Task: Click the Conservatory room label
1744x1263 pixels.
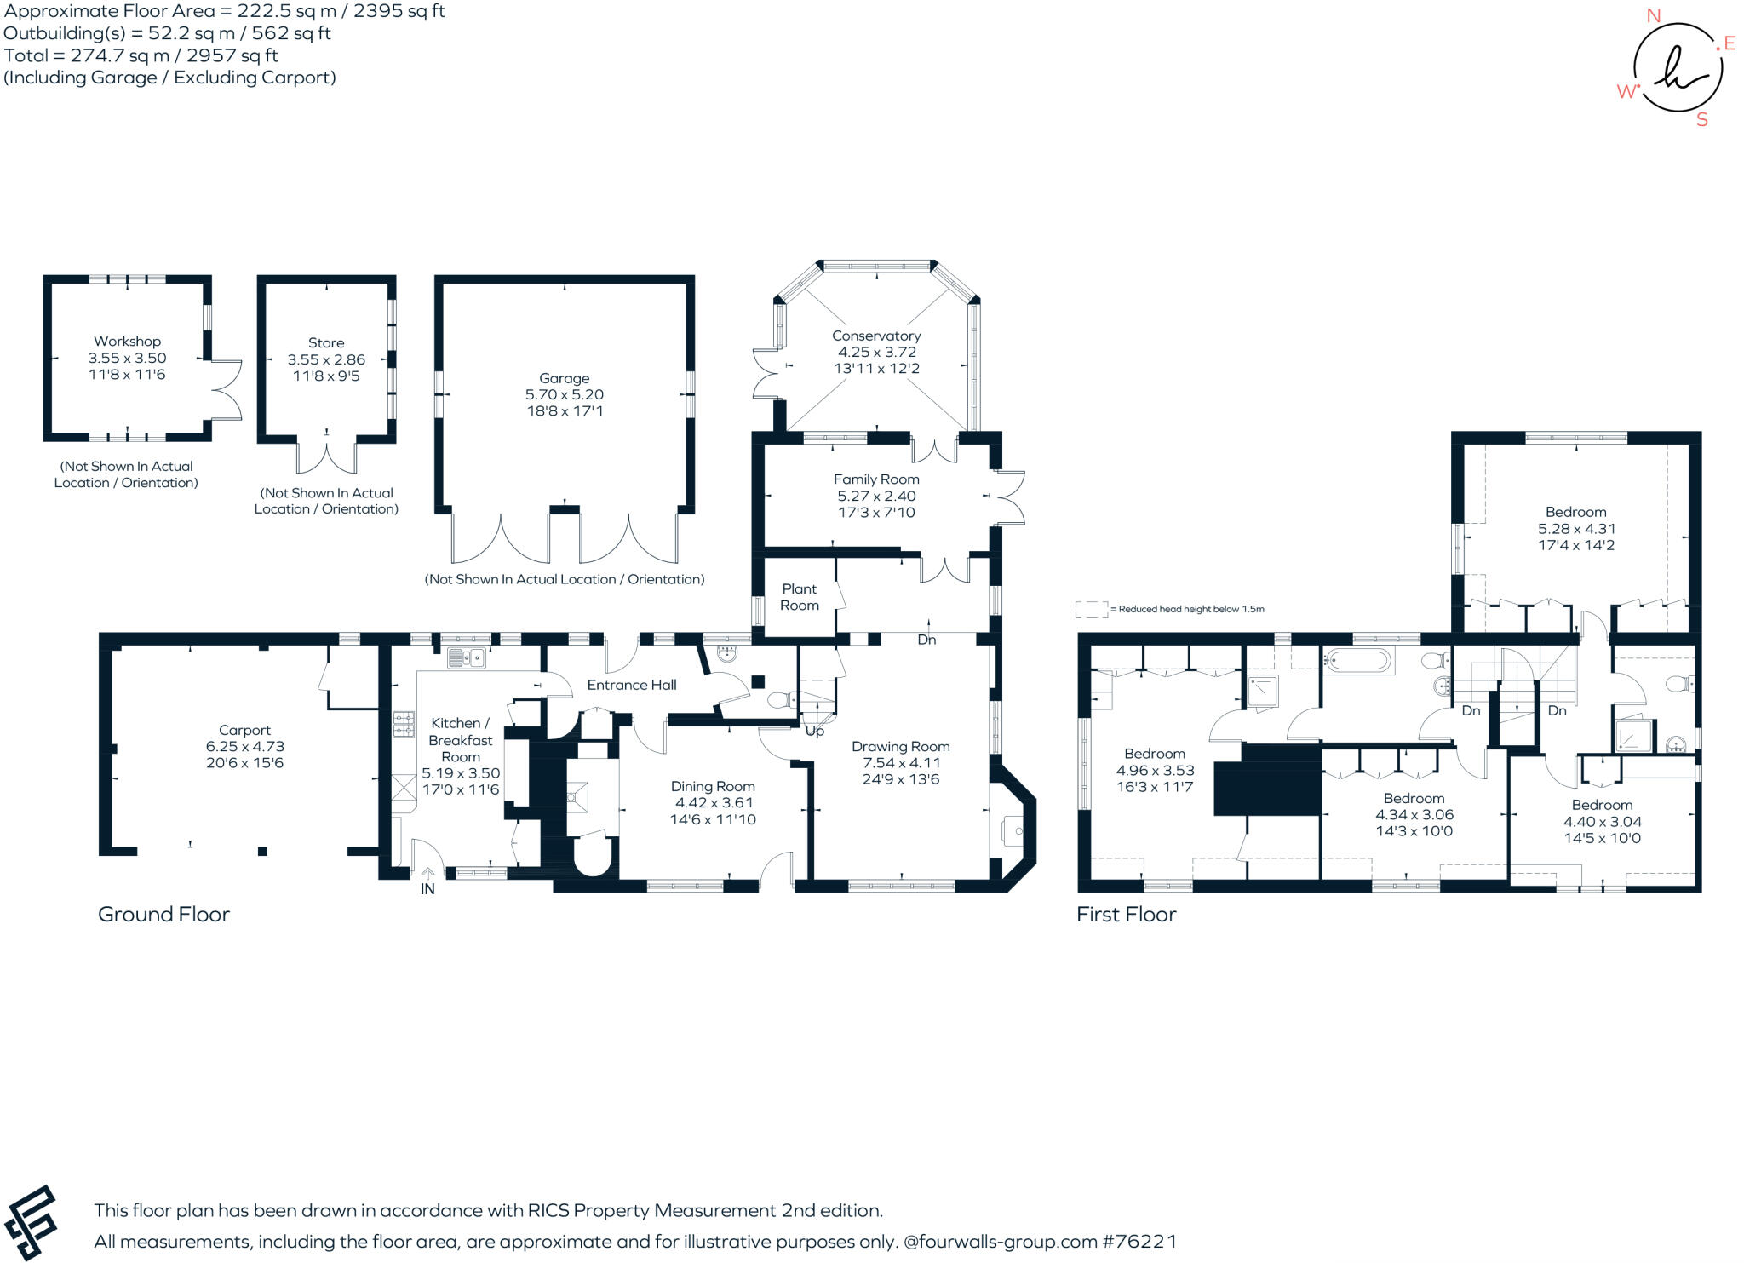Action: (x=876, y=336)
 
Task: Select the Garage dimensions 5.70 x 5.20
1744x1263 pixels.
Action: (x=565, y=395)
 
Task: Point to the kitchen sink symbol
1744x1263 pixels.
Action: (x=466, y=657)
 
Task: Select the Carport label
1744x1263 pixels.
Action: (x=244, y=730)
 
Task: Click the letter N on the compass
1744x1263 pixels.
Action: (x=1654, y=15)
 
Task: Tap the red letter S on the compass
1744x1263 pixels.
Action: (x=1702, y=120)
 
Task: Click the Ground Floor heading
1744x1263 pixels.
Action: (x=163, y=915)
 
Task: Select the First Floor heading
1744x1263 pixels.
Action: (x=1126, y=915)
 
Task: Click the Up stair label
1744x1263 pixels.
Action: (x=815, y=731)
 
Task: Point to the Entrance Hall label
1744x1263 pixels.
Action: (x=632, y=685)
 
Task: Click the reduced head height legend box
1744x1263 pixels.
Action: (x=1092, y=609)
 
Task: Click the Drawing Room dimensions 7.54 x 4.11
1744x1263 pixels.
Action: (x=901, y=763)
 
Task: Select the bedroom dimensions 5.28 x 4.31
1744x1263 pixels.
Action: (x=1576, y=528)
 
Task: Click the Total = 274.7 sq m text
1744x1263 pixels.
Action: (x=141, y=55)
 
